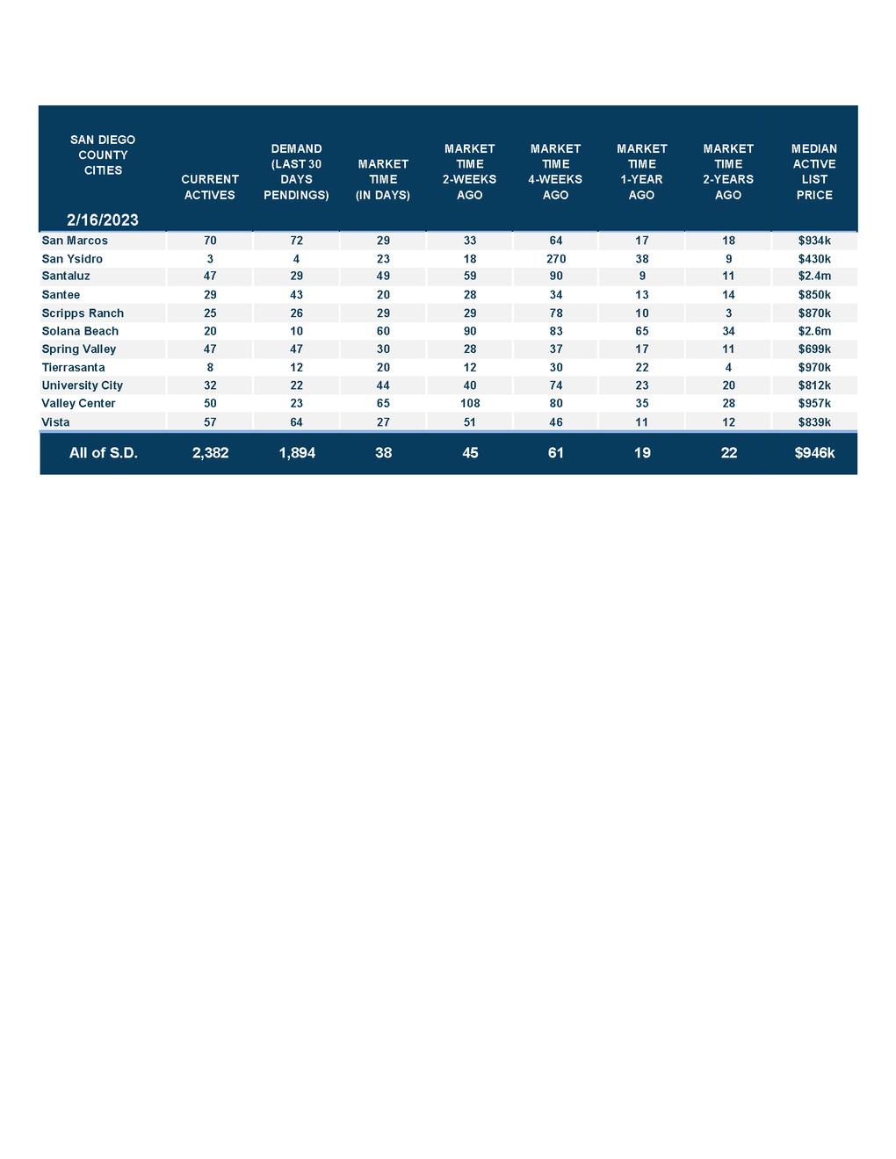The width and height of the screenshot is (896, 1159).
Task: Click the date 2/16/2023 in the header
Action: [102, 220]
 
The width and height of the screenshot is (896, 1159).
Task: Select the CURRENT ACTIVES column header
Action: [210, 187]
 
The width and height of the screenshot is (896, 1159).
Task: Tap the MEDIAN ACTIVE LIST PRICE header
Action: [814, 172]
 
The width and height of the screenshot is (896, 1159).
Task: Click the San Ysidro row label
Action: [72, 259]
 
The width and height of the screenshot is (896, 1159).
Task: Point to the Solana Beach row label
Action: [80, 331]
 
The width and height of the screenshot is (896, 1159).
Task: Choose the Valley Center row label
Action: [78, 404]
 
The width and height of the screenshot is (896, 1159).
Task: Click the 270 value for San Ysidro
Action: [555, 259]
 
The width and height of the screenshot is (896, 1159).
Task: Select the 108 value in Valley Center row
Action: [470, 404]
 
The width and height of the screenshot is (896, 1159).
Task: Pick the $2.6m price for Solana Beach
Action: [814, 331]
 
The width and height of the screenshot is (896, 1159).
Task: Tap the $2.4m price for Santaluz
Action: [814, 276]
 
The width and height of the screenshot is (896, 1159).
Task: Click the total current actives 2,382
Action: [210, 453]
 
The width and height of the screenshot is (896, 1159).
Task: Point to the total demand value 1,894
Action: [297, 453]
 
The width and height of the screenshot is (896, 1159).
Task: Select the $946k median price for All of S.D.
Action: [814, 453]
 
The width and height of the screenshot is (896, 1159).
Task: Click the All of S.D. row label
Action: [103, 453]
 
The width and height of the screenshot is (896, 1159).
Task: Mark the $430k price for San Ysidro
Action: [814, 259]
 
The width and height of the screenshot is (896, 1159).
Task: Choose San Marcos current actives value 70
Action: [210, 241]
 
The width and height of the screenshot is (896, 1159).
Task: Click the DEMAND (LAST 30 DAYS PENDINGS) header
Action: [297, 172]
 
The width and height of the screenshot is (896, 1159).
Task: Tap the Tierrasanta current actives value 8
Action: [210, 368]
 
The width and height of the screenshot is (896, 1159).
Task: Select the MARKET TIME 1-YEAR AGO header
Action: [642, 172]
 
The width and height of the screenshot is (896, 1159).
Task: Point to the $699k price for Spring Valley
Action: [814, 349]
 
